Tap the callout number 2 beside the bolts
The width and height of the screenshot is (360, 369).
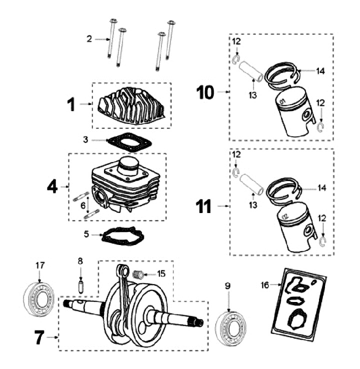89,38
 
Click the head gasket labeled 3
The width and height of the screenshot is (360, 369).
129,141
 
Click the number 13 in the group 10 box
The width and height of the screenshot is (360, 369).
254,95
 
